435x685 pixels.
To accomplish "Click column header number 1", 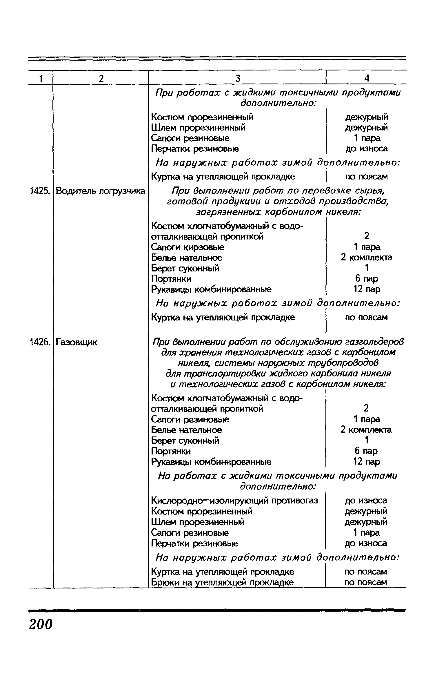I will click(41, 78).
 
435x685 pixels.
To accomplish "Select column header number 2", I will click(101, 78).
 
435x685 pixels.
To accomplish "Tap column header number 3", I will click(238, 78).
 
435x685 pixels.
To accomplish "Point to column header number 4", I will click(367, 78).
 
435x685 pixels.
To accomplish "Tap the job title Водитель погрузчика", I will click(101, 191).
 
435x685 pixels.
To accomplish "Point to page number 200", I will click(41, 624).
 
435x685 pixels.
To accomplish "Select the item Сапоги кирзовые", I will click(188, 247).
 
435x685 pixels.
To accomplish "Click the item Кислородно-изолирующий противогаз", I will click(234, 501).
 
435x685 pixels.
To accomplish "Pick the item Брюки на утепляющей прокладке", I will click(222, 582).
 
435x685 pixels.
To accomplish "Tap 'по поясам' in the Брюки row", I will click(366, 582).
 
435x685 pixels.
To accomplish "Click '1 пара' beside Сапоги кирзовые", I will click(367, 247).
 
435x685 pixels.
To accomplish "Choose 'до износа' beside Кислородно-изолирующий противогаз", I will click(366, 501).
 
